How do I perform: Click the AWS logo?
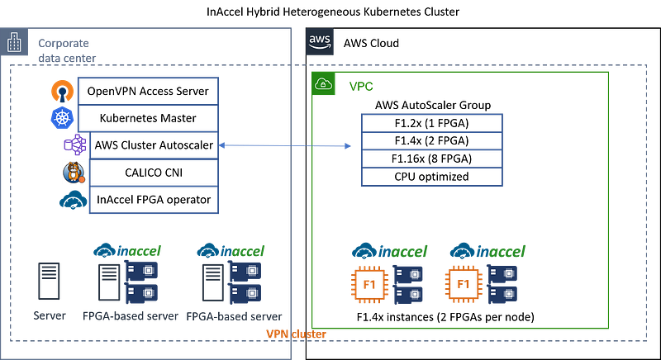[321, 42]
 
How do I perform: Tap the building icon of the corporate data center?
[14, 43]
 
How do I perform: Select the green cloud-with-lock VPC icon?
[324, 84]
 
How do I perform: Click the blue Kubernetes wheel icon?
[62, 117]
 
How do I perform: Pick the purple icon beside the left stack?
[74, 145]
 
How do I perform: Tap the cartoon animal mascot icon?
[74, 173]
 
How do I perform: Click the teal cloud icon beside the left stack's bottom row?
[73, 201]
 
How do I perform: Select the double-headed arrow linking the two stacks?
[285, 146]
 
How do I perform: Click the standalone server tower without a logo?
[49, 281]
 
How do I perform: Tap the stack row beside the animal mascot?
[154, 173]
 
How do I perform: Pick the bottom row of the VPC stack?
[432, 178]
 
